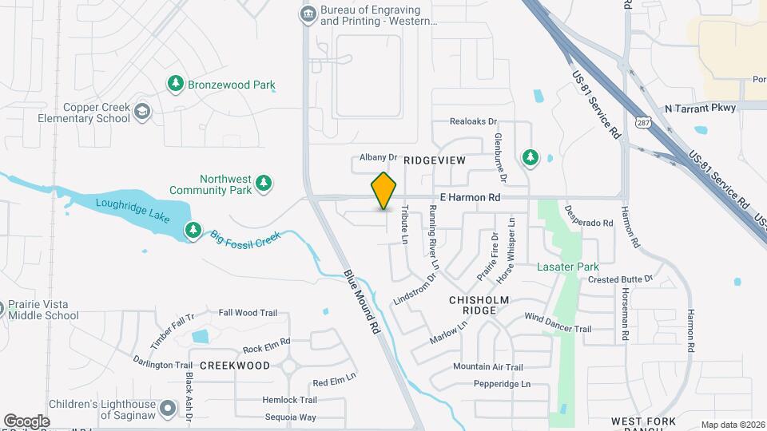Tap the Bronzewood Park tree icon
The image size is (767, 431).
click(175, 83)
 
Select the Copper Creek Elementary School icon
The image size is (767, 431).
click(142, 111)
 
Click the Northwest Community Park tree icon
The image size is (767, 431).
click(264, 185)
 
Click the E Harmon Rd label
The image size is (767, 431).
click(470, 196)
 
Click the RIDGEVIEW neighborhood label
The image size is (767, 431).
click(434, 160)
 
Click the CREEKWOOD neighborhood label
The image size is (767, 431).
click(235, 365)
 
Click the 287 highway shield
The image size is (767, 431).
click(643, 121)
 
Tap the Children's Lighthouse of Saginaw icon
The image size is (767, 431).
click(168, 409)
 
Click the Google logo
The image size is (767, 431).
click(26, 421)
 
